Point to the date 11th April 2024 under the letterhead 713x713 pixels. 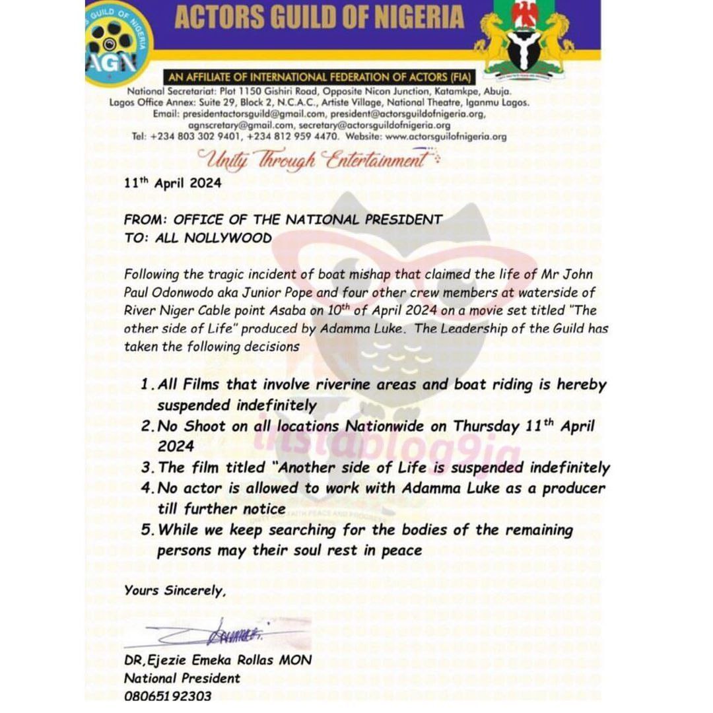click(x=172, y=183)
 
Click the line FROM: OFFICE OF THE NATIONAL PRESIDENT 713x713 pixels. click(x=283, y=220)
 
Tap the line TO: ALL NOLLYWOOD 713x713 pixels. click(x=197, y=238)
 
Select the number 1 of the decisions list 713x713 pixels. click(x=145, y=385)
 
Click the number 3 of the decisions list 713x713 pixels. click(x=147, y=468)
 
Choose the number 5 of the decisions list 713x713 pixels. click(x=147, y=530)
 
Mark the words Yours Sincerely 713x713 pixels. click(x=175, y=591)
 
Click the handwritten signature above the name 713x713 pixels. click(x=218, y=635)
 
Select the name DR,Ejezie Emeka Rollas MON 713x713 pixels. click(x=217, y=660)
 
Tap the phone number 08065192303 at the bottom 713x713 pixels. click(x=168, y=696)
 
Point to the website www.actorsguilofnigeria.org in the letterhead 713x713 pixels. click(x=446, y=137)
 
